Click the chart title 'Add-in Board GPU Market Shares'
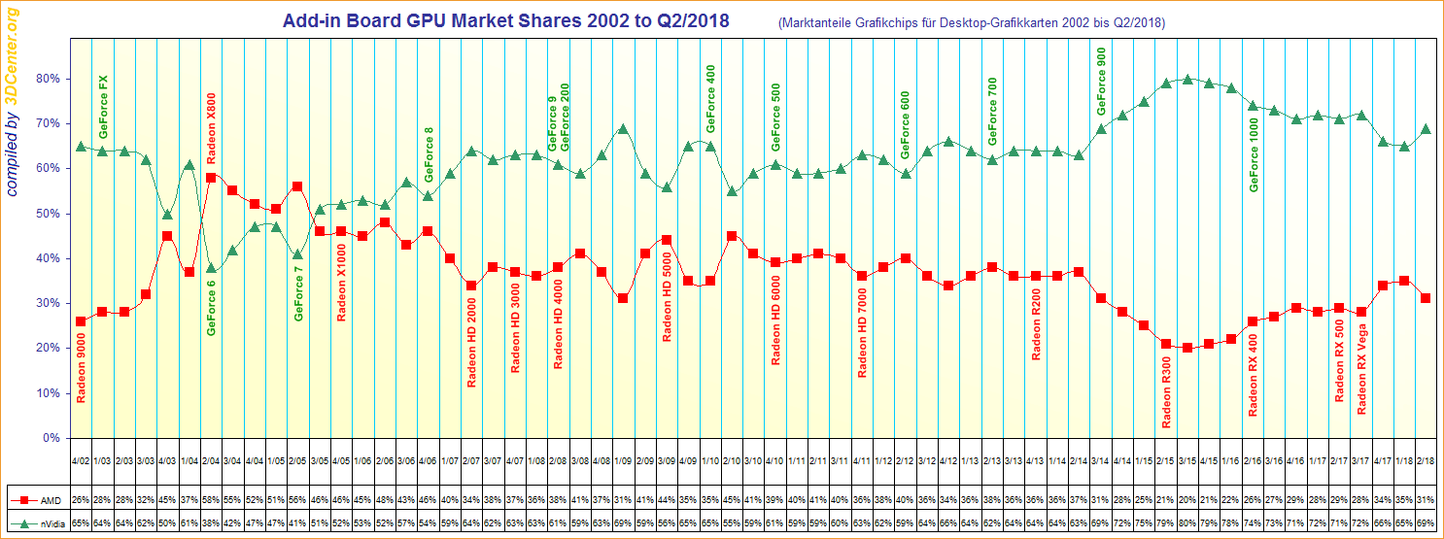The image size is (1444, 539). coord(505,20)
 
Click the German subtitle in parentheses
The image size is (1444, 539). coord(972,22)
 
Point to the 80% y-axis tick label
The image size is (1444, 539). coord(48,79)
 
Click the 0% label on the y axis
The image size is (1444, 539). coord(52,438)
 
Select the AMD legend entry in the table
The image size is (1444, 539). coord(36,500)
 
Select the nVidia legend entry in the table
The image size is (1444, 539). coord(36,522)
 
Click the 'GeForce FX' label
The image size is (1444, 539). coord(104,106)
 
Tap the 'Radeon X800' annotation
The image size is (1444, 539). coord(211,132)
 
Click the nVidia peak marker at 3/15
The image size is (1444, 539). coord(1187,79)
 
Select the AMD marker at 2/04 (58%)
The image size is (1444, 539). coord(211,178)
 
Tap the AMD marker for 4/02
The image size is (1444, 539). coord(81,321)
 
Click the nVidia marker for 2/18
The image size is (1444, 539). coord(1426,129)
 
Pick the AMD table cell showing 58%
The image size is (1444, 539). coord(211,500)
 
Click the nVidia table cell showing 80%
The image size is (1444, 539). coord(1187,522)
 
